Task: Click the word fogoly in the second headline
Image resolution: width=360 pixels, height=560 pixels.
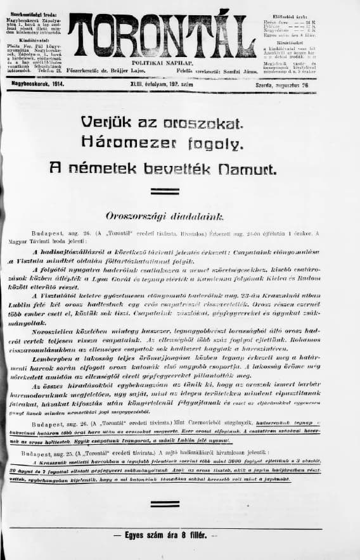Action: [x=219, y=144]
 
